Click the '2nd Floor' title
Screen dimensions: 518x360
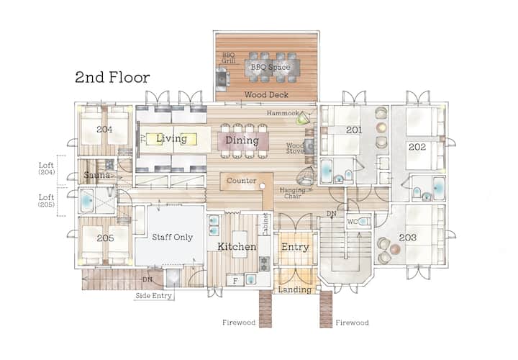pyautogui.click(x=112, y=77)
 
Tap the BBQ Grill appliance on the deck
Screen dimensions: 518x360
pyautogui.click(x=223, y=79)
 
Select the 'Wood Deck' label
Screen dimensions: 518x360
pyautogui.click(x=266, y=95)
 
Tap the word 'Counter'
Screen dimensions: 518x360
pyautogui.click(x=242, y=181)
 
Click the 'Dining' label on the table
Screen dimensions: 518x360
pyautogui.click(x=242, y=140)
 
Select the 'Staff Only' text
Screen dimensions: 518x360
pyautogui.click(x=172, y=237)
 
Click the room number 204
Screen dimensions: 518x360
pyautogui.click(x=104, y=130)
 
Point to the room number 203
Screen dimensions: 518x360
pyautogui.click(x=408, y=238)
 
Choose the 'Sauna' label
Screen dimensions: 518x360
pyautogui.click(x=97, y=175)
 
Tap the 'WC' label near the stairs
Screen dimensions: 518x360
pyautogui.click(x=352, y=222)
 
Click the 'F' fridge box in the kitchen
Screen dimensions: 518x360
pyautogui.click(x=235, y=281)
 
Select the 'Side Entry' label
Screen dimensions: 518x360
pyautogui.click(x=154, y=295)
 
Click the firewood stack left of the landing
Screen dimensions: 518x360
pyautogui.click(x=265, y=309)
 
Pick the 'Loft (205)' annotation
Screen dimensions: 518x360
pyautogui.click(x=46, y=200)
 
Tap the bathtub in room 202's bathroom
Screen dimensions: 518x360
pyautogui.click(x=439, y=189)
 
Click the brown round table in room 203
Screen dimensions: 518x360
pyautogui.click(x=395, y=249)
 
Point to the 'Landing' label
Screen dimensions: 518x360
pyautogui.click(x=295, y=290)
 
